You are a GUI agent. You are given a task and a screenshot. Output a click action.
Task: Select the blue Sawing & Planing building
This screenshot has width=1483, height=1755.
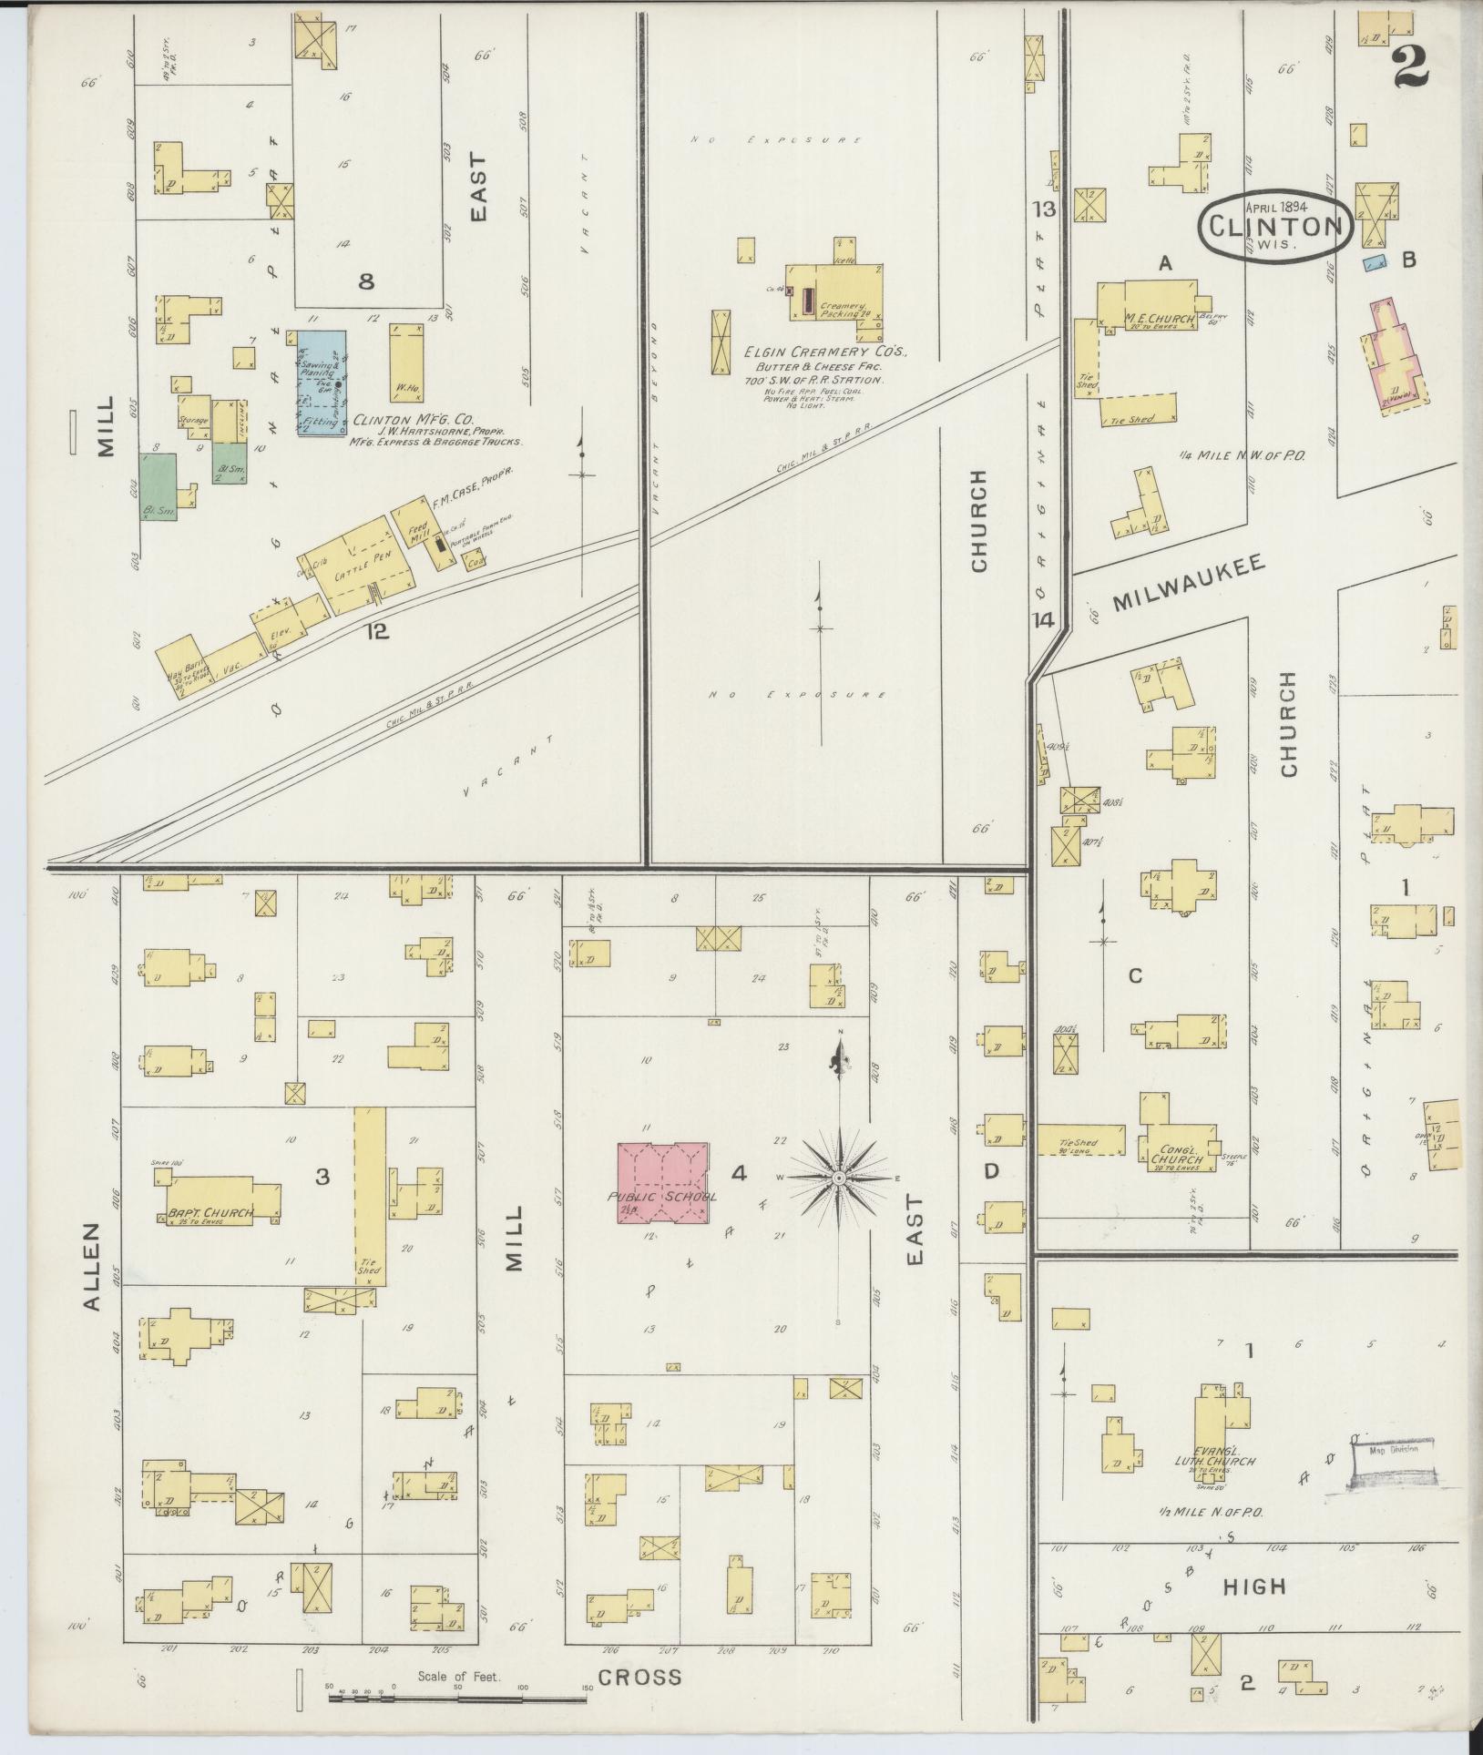pyautogui.click(x=321, y=383)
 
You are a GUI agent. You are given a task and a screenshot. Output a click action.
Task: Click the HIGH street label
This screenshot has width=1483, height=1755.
pyautogui.click(x=1253, y=1586)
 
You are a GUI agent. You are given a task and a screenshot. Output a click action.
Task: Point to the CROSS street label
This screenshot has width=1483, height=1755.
pyautogui.click(x=639, y=1677)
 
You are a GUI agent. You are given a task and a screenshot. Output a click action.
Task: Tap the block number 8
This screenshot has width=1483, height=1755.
pyautogui.click(x=365, y=281)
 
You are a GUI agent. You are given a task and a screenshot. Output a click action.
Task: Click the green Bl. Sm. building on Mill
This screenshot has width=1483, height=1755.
pyautogui.click(x=157, y=485)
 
